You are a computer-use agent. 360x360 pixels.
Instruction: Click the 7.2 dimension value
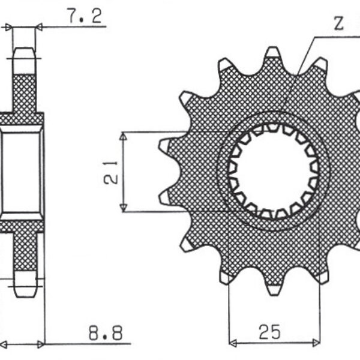[x=84, y=17]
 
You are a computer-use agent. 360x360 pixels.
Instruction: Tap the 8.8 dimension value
[x=101, y=331]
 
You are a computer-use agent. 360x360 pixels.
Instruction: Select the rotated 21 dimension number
[x=110, y=171]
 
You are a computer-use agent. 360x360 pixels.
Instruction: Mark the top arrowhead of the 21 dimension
[x=123, y=136]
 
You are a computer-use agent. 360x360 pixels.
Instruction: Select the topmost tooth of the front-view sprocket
[x=272, y=53]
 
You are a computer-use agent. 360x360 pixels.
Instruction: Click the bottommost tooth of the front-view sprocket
[x=273, y=290]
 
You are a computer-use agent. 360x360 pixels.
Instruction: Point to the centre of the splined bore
[x=272, y=172]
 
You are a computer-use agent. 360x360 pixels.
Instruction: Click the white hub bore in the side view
[x=22, y=172]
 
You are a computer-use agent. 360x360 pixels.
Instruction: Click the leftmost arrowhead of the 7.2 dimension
[x=8, y=27]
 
